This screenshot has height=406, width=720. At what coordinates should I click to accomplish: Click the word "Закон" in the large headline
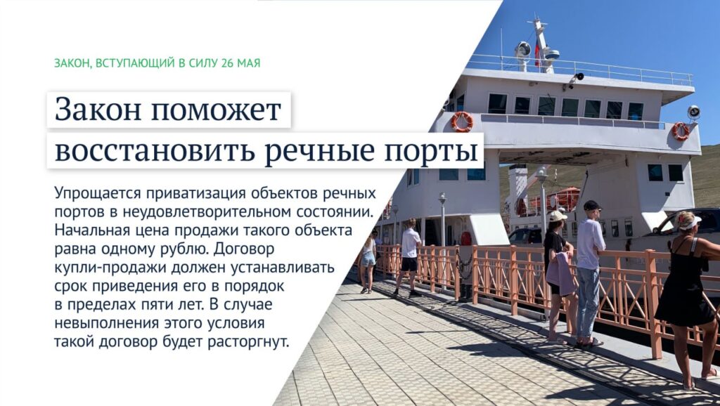[x=97, y=110]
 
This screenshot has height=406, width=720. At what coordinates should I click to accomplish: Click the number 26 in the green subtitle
[x=227, y=63]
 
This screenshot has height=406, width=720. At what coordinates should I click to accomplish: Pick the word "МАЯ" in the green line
[x=248, y=63]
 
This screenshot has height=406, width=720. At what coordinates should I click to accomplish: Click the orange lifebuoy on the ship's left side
[x=461, y=122]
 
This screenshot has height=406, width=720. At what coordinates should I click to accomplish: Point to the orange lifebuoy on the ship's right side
[x=681, y=131]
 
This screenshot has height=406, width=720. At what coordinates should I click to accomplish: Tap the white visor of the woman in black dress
[x=690, y=223]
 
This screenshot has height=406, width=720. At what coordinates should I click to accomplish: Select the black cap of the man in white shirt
[x=592, y=205]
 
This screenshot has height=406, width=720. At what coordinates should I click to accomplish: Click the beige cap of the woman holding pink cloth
[x=558, y=216]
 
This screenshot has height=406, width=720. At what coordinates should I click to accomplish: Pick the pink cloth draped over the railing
[x=560, y=273]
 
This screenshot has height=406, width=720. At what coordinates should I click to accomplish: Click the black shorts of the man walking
[x=409, y=264]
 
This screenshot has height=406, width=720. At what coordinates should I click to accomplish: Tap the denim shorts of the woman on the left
[x=368, y=259]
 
